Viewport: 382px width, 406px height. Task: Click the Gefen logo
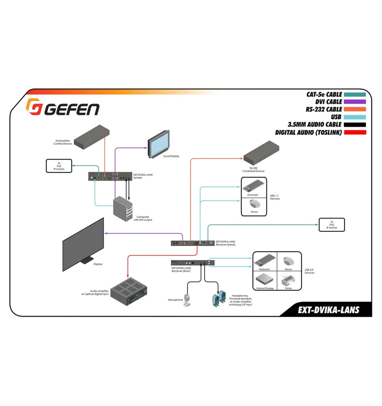point(63,107)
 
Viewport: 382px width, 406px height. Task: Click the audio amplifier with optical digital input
point(129,292)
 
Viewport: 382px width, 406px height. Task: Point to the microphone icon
point(188,299)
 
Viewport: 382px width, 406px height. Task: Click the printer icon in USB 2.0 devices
point(289,280)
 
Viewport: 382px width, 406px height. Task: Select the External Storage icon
point(265,280)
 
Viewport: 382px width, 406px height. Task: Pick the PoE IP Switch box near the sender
point(59,166)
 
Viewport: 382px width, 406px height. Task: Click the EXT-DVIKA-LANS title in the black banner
point(328,310)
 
